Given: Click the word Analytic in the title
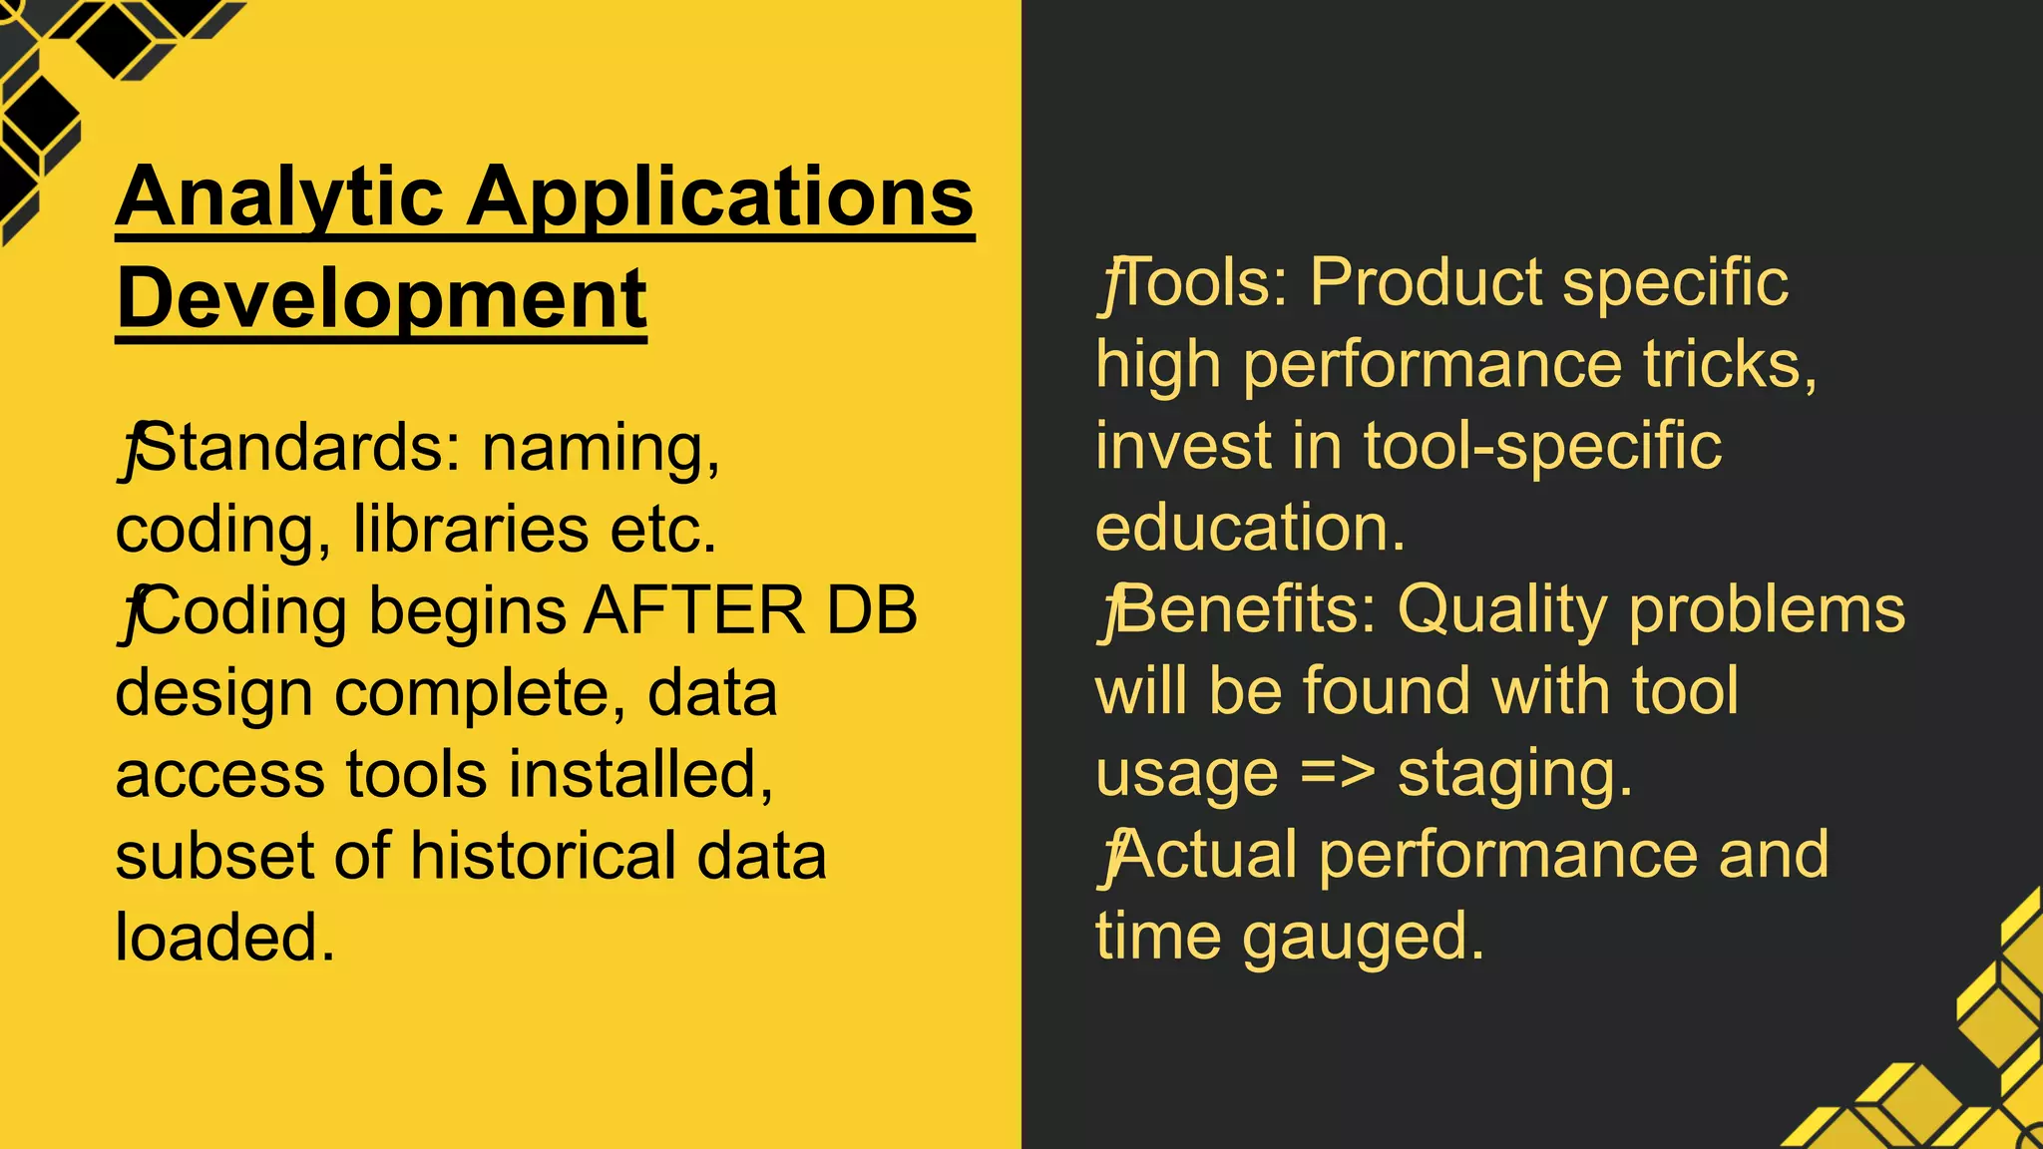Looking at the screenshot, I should tap(279, 197).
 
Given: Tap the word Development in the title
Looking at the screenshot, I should tap(382, 299).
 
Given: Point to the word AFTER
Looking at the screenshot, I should tap(694, 610).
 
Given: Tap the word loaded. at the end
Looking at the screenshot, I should tap(225, 938).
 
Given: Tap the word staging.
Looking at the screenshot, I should tap(1514, 774).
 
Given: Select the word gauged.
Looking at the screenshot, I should tap(1363, 938).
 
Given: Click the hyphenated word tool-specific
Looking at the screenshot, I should tap(1542, 446).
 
